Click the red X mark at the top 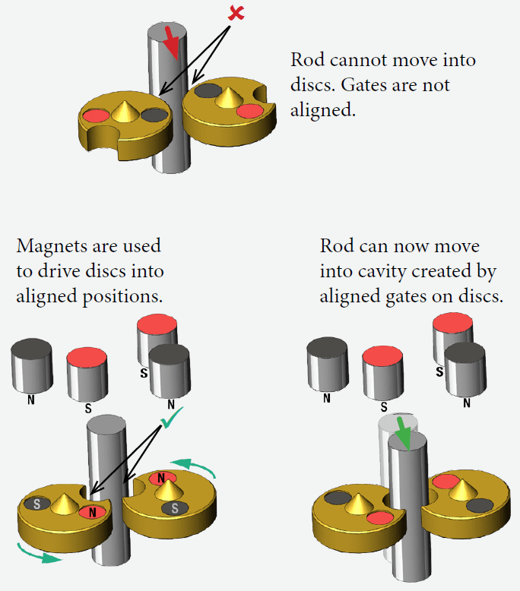236,13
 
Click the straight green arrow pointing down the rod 402,434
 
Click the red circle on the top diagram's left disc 96,116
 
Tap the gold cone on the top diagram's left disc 123,111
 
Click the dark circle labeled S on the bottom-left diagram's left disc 36,502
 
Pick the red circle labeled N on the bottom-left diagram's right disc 160,479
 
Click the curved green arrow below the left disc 39,555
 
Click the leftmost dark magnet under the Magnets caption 31,368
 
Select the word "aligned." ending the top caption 322,110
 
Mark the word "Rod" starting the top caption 306,60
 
